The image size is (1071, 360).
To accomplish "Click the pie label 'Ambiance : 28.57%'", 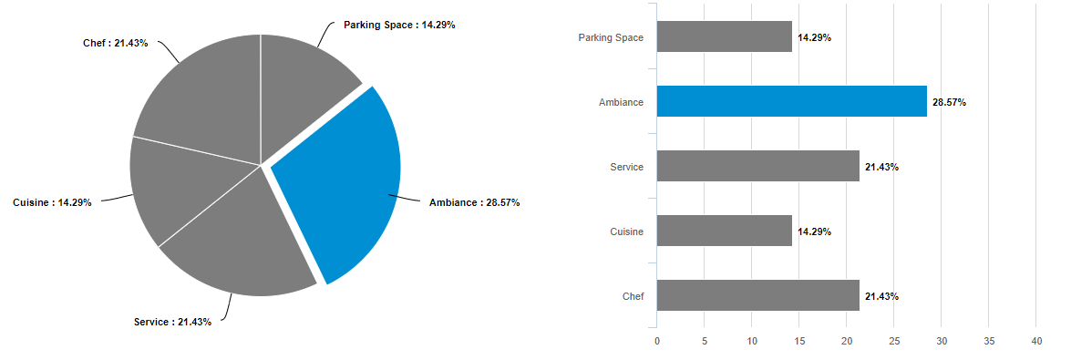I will (474, 202).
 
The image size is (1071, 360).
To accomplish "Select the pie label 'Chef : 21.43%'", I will (116, 43).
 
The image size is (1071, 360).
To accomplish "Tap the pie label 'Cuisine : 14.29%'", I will (52, 202).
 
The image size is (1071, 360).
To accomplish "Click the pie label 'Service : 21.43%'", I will (172, 322).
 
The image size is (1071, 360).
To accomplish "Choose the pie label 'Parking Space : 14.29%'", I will (399, 25).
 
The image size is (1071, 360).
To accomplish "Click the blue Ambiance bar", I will (791, 102).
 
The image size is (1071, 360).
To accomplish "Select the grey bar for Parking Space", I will (724, 37).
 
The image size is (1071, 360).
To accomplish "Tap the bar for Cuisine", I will (724, 231).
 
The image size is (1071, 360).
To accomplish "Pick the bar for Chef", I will (757, 296).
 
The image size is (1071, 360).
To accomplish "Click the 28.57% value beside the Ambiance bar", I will (949, 103).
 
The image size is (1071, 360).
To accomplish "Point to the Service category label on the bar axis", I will (626, 167).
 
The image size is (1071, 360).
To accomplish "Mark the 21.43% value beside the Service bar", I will (881, 168).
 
